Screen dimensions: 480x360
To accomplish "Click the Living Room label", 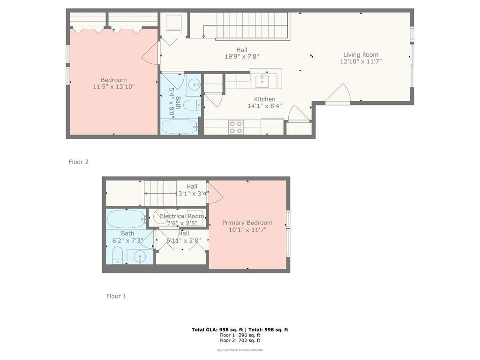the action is [x=360, y=55].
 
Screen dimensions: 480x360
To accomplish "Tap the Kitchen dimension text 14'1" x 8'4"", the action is [x=265, y=106].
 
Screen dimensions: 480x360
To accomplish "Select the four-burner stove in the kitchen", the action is [x=236, y=127].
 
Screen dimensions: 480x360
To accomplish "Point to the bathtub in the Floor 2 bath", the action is [x=180, y=127].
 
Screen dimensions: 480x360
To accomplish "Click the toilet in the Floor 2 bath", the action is [x=192, y=105].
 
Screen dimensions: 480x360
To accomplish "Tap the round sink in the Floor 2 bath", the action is [x=194, y=83].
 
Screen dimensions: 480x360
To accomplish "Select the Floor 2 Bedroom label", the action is [x=113, y=80].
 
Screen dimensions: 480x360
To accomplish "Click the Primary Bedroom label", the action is [x=247, y=223].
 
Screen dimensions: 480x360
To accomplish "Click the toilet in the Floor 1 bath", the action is [x=117, y=255].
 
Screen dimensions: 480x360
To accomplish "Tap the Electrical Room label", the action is [x=182, y=216].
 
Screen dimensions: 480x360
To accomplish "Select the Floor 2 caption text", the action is [x=78, y=162].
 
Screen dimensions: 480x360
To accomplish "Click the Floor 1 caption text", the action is [x=116, y=296].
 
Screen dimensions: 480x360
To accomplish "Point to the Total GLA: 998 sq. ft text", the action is [x=217, y=330].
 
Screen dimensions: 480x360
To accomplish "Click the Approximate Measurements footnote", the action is [x=240, y=350].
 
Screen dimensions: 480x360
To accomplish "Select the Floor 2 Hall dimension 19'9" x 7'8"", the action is [x=242, y=56].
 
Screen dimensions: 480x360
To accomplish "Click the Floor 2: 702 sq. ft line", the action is [x=240, y=340].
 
